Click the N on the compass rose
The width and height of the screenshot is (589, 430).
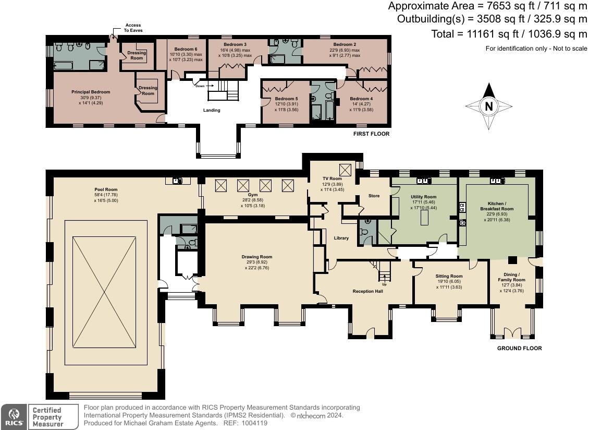tap(488, 106)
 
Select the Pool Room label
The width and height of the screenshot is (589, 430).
tap(106, 189)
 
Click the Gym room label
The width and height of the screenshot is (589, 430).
tap(253, 195)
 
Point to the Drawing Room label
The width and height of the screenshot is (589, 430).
tap(257, 257)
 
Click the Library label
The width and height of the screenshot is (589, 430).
tap(341, 238)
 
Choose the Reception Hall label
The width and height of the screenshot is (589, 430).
tap(368, 291)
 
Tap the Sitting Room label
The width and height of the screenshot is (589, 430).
tap(449, 276)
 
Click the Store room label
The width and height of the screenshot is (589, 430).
tap(374, 196)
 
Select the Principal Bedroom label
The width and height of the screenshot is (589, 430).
tap(91, 92)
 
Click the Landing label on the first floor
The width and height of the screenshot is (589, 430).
tap(212, 110)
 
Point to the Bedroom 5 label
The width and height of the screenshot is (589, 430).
tap(286, 99)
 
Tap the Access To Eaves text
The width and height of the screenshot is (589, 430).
tap(133, 28)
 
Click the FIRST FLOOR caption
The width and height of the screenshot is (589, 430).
tap(371, 134)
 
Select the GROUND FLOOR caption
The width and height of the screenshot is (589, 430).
tap(520, 349)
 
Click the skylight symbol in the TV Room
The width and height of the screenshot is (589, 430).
tap(345, 170)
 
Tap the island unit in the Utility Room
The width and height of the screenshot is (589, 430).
tap(424, 218)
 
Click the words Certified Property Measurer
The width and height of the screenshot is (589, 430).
tap(47, 417)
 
